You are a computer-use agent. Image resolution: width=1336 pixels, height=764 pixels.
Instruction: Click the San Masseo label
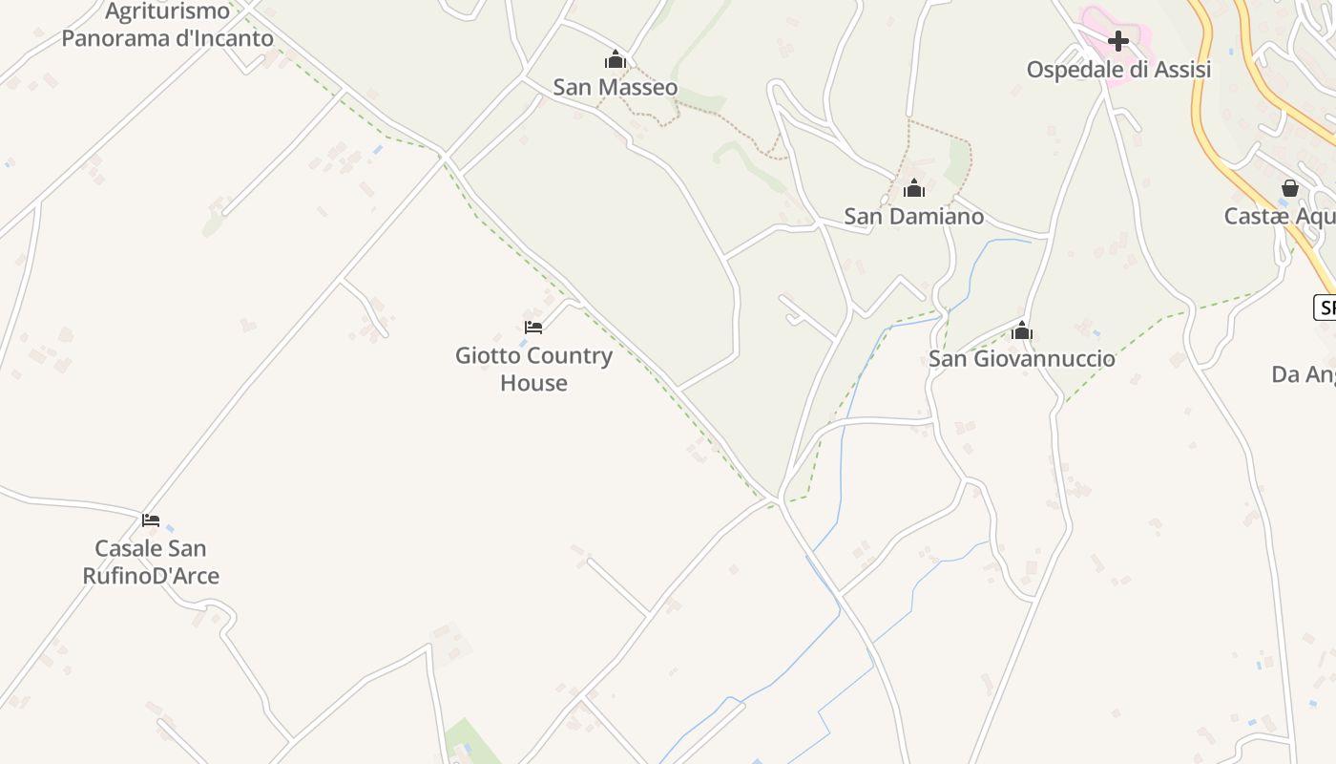click(x=616, y=87)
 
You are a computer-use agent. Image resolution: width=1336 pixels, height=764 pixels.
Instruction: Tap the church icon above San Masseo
click(x=616, y=60)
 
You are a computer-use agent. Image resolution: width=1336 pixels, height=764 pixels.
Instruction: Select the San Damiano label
click(x=913, y=216)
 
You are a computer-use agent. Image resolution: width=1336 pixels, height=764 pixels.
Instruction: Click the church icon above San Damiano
click(x=914, y=188)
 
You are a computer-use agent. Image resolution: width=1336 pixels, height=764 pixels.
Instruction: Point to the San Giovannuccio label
click(x=1022, y=358)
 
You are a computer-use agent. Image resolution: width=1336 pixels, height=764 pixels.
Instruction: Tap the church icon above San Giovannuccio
click(x=1022, y=331)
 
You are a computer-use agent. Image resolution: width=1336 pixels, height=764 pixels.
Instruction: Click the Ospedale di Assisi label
click(x=1118, y=69)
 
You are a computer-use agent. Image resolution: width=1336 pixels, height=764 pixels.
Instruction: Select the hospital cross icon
click(x=1118, y=41)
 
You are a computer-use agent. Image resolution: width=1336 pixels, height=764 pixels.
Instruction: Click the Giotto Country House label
click(x=533, y=369)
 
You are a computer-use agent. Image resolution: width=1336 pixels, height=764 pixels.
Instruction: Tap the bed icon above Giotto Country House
click(x=533, y=327)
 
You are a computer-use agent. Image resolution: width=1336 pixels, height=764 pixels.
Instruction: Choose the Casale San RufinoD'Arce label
click(x=151, y=562)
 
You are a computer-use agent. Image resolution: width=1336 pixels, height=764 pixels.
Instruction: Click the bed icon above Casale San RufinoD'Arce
click(x=151, y=520)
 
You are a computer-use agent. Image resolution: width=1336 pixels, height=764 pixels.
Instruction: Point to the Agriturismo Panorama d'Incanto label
click(x=168, y=25)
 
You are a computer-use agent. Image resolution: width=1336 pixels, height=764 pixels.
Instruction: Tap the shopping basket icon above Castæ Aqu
click(x=1290, y=188)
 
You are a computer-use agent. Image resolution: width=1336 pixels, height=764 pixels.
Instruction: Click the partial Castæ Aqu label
click(x=1279, y=216)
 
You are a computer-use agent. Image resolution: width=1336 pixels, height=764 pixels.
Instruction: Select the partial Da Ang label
click(x=1304, y=374)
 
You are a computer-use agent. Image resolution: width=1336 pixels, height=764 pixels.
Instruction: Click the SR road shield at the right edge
click(x=1326, y=308)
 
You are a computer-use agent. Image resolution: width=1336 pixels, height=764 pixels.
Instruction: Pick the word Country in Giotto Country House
click(x=570, y=355)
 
